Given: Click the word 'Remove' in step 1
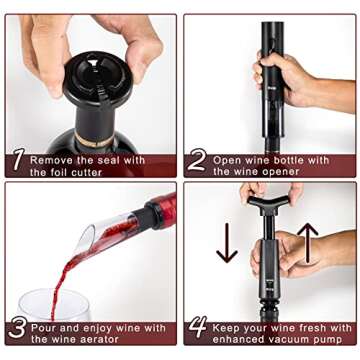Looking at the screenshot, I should click(51, 159).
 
